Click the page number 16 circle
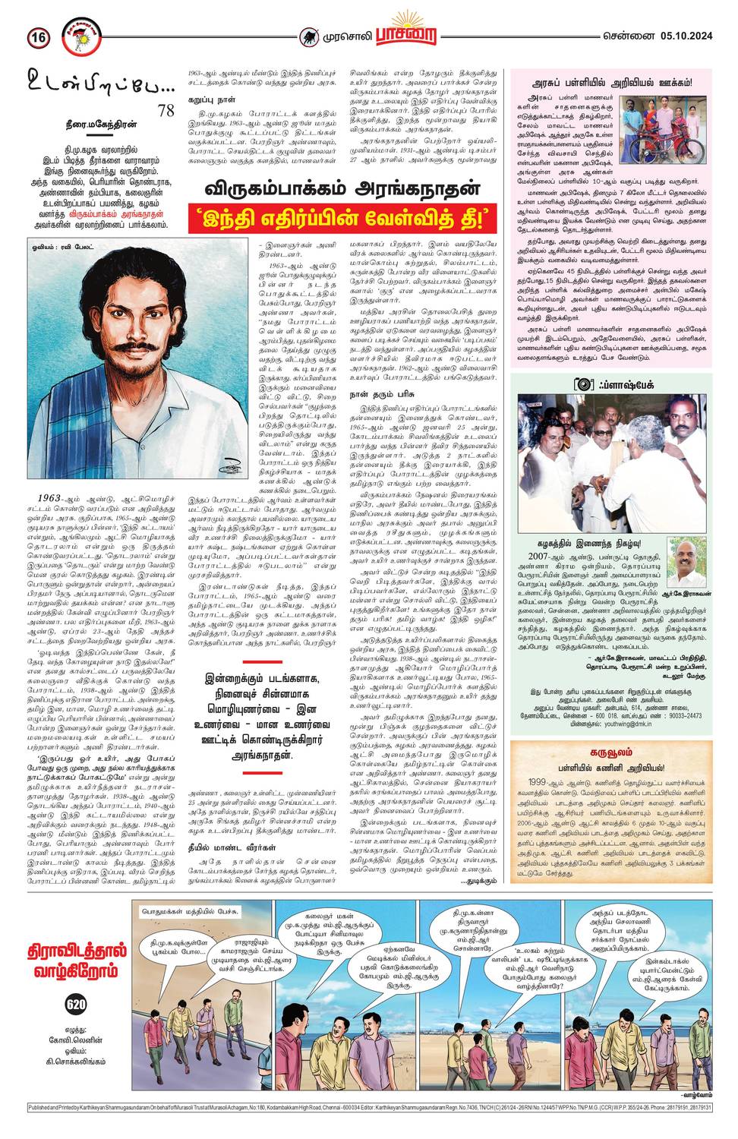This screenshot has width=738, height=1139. pyautogui.click(x=38, y=36)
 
